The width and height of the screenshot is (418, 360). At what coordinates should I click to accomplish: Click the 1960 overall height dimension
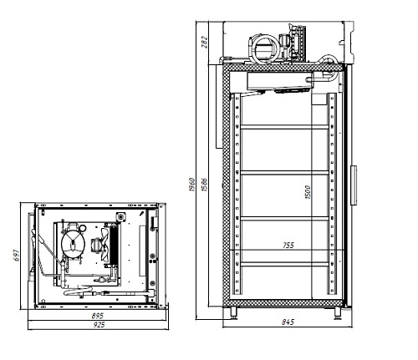tap(191, 185)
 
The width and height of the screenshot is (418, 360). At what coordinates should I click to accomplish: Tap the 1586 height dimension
tap(204, 185)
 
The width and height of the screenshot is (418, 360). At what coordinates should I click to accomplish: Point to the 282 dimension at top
tap(205, 42)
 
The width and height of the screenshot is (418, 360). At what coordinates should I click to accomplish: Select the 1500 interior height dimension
tap(308, 192)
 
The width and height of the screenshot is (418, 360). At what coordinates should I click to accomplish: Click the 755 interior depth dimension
tap(288, 246)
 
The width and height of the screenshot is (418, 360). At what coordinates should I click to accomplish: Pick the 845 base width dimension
tap(288, 322)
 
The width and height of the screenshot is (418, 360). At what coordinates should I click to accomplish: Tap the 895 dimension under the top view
tap(97, 316)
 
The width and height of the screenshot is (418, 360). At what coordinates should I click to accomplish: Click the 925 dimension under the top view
tap(99, 325)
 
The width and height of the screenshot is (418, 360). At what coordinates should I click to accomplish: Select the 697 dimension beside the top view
tap(16, 256)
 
